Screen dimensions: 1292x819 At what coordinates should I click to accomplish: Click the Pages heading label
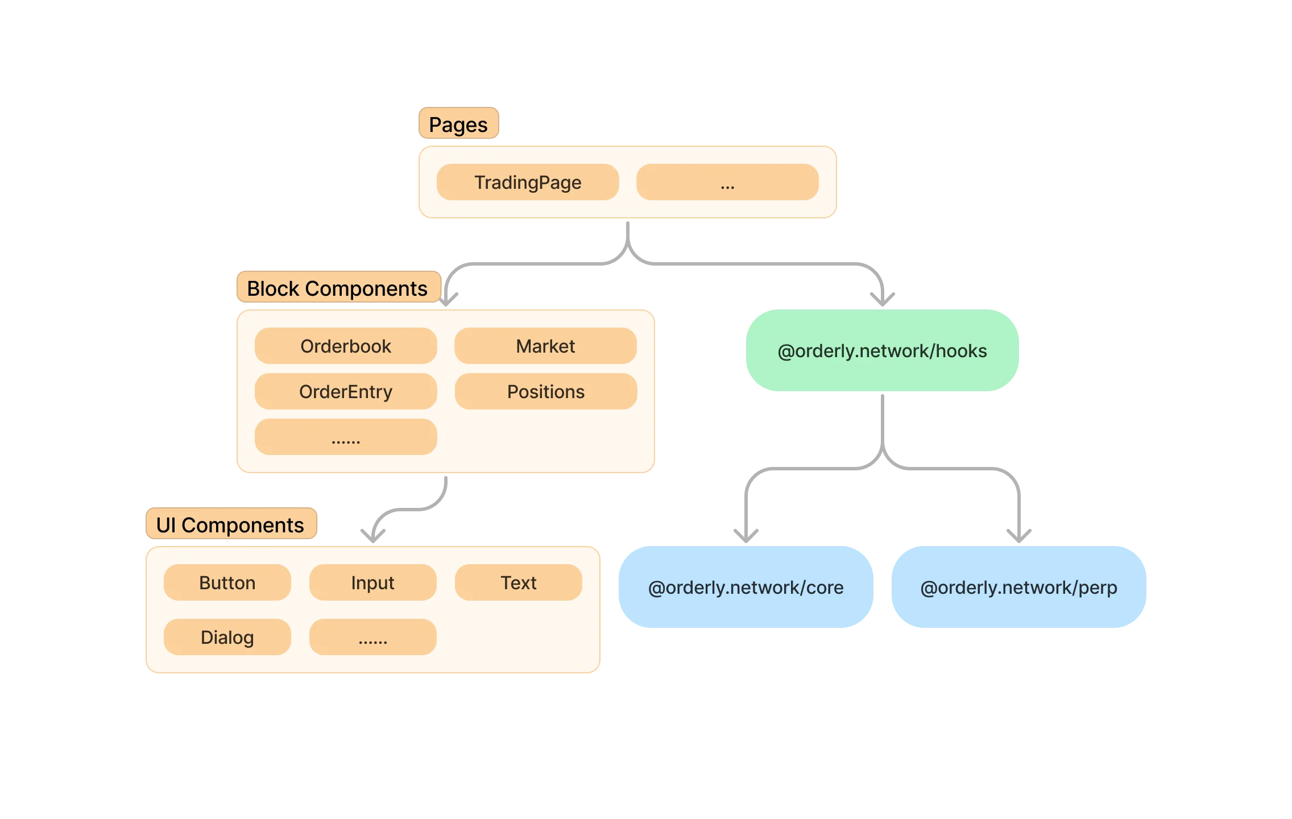click(458, 123)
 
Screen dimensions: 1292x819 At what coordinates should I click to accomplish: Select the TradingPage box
click(528, 182)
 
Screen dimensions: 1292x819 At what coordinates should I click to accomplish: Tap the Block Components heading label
click(339, 287)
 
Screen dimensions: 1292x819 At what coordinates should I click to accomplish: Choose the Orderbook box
click(346, 346)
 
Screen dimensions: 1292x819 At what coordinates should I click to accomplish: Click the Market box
click(546, 346)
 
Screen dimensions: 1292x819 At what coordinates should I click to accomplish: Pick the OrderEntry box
click(346, 391)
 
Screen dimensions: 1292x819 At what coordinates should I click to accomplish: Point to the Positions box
click(546, 391)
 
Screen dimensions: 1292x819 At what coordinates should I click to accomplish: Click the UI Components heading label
click(231, 523)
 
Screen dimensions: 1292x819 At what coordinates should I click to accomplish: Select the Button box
click(227, 582)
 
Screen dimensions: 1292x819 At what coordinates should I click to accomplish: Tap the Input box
click(373, 582)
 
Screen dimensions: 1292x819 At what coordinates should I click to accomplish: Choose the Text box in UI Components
click(519, 582)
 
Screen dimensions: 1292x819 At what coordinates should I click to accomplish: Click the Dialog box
click(227, 637)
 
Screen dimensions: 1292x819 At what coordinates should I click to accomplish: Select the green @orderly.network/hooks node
click(883, 350)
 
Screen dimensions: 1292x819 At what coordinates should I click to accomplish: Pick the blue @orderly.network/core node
click(746, 587)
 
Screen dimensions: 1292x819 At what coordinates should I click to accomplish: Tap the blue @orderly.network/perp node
click(1019, 587)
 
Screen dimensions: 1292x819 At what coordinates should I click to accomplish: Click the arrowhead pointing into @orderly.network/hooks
click(883, 300)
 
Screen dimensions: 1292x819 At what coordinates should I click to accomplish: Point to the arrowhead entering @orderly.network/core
click(746, 537)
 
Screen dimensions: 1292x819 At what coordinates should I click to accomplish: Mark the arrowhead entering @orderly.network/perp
click(1019, 537)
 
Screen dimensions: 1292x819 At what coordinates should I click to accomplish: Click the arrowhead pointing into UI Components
click(373, 537)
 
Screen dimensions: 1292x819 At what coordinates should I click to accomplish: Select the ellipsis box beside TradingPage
click(728, 182)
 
